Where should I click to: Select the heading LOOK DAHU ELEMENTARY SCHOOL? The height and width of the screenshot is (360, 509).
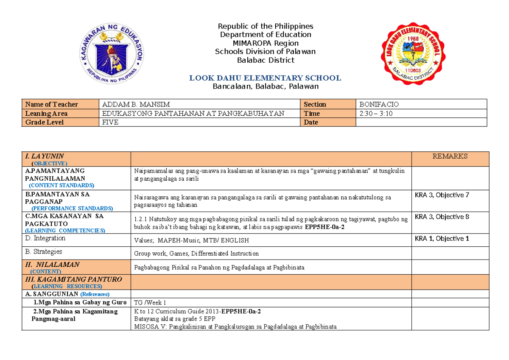pyautogui.click(x=265, y=78)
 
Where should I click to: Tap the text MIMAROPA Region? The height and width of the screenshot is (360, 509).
pyautogui.click(x=265, y=43)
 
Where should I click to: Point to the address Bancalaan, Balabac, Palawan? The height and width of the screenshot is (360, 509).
pyautogui.click(x=265, y=87)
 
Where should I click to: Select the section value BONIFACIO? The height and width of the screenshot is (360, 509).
pyautogui.click(x=379, y=104)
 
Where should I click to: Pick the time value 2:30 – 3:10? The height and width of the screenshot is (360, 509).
pyautogui.click(x=375, y=113)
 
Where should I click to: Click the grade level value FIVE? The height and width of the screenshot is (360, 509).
pyautogui.click(x=111, y=122)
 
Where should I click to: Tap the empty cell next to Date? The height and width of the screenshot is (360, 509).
pyautogui.click(x=421, y=122)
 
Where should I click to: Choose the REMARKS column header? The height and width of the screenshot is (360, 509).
pyautogui.click(x=450, y=156)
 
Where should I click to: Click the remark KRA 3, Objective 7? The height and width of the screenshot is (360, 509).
pyautogui.click(x=442, y=195)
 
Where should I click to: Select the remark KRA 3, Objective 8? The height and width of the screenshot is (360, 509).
pyautogui.click(x=442, y=217)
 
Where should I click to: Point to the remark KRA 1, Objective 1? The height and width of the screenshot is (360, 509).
pyautogui.click(x=442, y=238)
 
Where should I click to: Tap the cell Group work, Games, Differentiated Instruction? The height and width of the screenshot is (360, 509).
pyautogui.click(x=196, y=254)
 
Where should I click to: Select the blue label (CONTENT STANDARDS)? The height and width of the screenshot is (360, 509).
pyautogui.click(x=62, y=185)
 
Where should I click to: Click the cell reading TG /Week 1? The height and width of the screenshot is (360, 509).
pyautogui.click(x=150, y=303)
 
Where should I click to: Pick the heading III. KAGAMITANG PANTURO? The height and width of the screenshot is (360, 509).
pyautogui.click(x=73, y=279)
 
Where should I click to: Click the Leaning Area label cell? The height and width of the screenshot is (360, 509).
pyautogui.click(x=46, y=114)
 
